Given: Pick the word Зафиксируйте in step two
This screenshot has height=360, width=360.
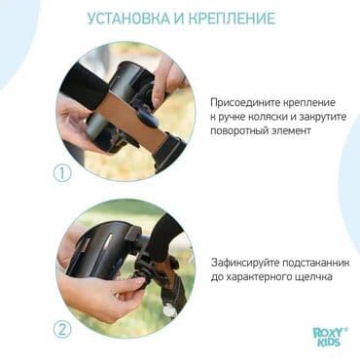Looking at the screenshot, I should [x=247, y=263].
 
